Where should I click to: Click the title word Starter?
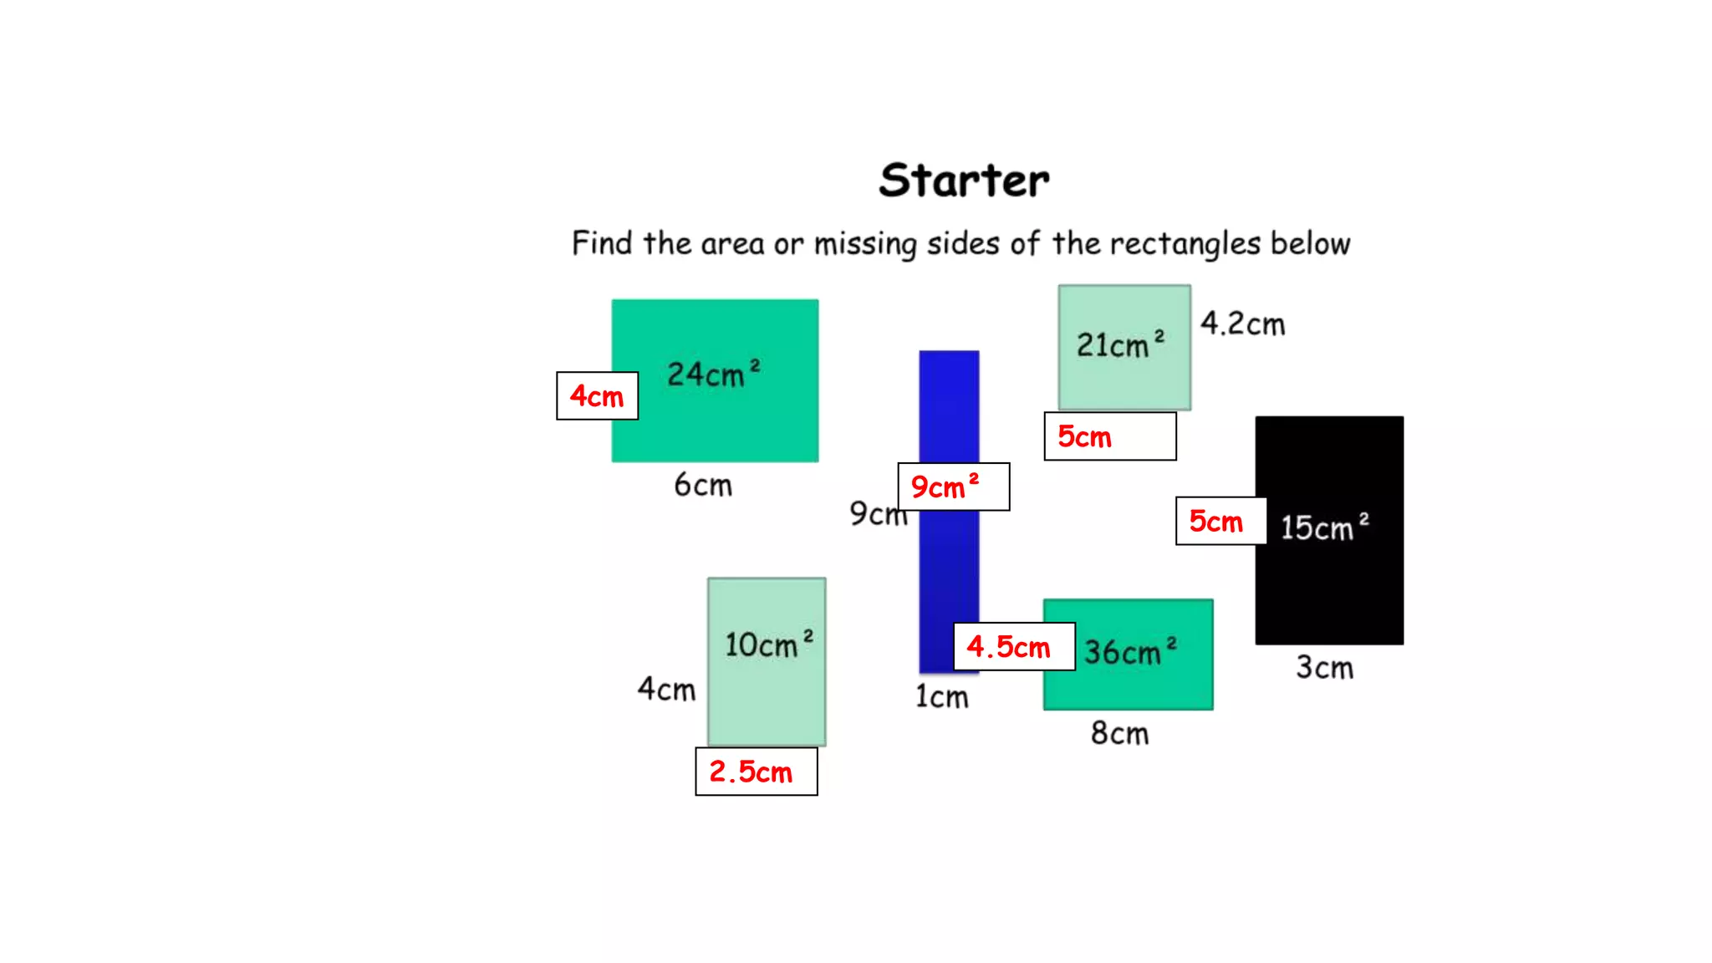pos(964,181)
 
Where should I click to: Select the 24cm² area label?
pos(713,374)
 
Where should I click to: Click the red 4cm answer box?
pos(597,396)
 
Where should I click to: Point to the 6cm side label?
pos(703,485)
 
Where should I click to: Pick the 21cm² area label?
pos(1119,344)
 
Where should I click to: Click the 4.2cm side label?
pos(1242,324)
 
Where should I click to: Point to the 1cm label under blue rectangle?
pos(941,696)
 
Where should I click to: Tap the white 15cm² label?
pos(1325,527)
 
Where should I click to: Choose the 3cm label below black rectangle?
pos(1324,668)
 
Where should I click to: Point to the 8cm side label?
pos(1119,733)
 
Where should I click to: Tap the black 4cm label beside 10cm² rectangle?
pos(666,690)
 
